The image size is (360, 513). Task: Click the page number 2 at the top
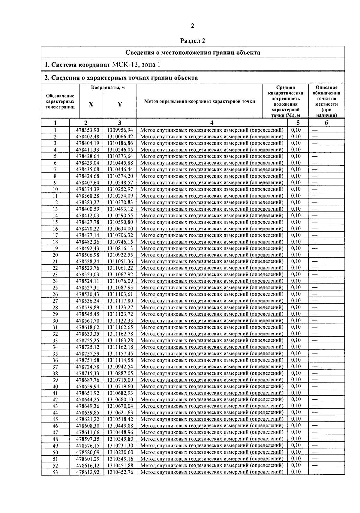click(x=193, y=26)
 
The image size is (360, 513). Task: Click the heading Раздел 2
click(x=193, y=41)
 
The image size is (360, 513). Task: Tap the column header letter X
click(x=91, y=104)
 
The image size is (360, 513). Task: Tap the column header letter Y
click(x=120, y=104)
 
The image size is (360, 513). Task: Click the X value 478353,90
click(x=87, y=130)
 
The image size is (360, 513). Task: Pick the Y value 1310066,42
click(x=120, y=137)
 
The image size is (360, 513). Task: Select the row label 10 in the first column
click(x=55, y=189)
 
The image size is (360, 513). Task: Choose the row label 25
click(x=55, y=288)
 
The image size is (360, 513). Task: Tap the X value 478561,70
click(x=87, y=321)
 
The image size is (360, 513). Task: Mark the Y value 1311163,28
click(x=120, y=340)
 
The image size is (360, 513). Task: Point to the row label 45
click(x=55, y=419)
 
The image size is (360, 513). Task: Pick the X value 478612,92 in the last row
click(x=87, y=472)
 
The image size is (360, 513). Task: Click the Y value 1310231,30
click(x=120, y=446)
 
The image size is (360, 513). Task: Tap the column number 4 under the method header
click(x=212, y=123)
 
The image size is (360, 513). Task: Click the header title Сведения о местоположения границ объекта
click(x=193, y=53)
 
